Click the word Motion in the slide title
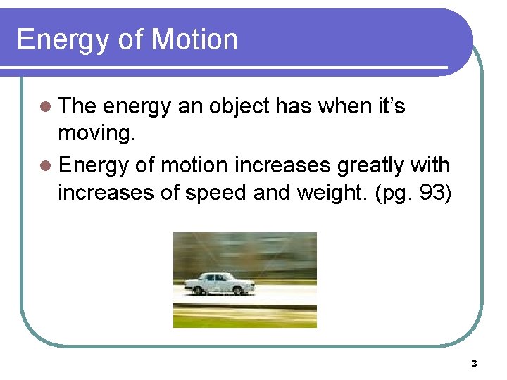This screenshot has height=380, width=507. tap(194, 39)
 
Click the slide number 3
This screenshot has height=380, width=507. tap(473, 364)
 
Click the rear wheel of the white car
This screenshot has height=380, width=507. tap(199, 289)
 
